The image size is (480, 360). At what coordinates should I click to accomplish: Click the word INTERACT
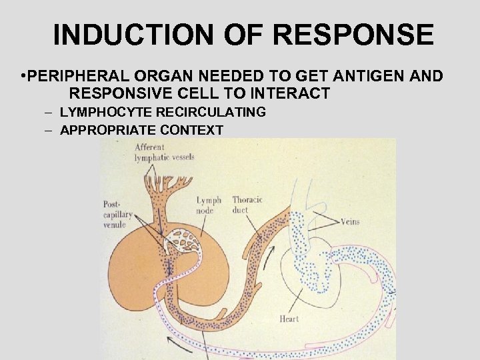pyautogui.click(x=292, y=93)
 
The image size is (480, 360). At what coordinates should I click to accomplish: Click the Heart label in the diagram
pyautogui.click(x=289, y=319)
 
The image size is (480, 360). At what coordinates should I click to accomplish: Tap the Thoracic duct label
pyautogui.click(x=247, y=205)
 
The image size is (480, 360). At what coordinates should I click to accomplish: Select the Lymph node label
pyautogui.click(x=209, y=205)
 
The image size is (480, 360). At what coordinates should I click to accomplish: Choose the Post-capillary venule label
pyautogui.click(x=118, y=213)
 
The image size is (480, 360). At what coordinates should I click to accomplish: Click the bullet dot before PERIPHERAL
pyautogui.click(x=24, y=76)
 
